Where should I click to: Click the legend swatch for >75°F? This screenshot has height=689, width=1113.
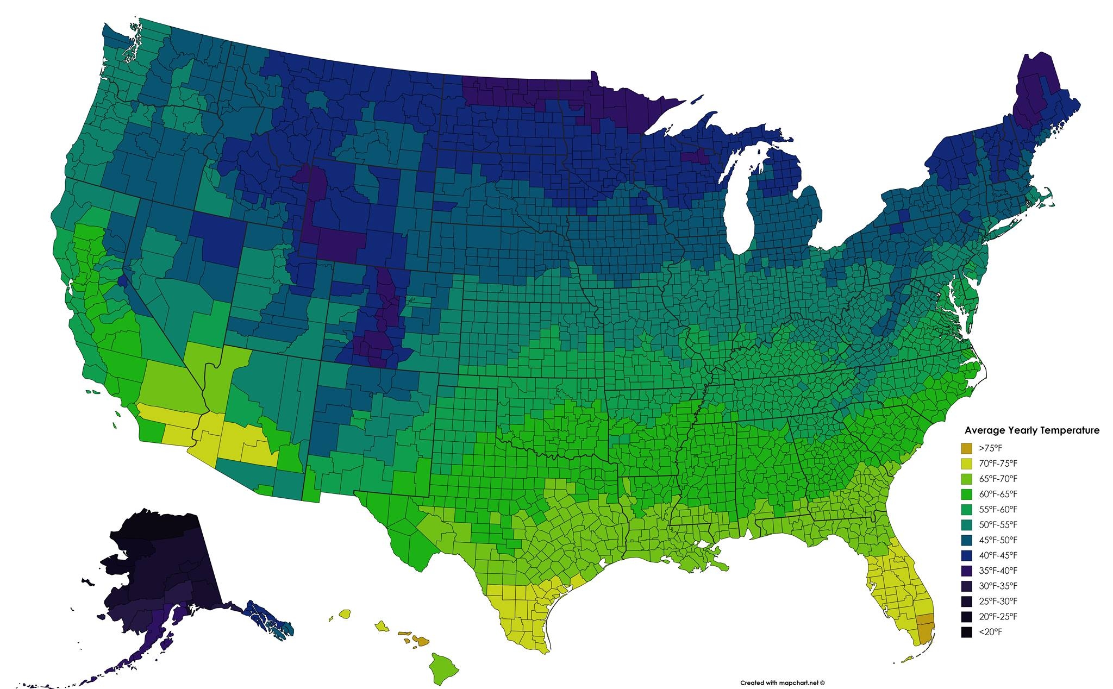click(966, 448)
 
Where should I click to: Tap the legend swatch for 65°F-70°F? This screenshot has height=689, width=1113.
click(966, 479)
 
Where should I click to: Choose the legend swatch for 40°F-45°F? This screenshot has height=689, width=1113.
click(966, 555)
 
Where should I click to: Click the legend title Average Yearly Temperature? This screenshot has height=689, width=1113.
click(1031, 430)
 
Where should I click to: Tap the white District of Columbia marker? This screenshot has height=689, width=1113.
click(939, 294)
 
